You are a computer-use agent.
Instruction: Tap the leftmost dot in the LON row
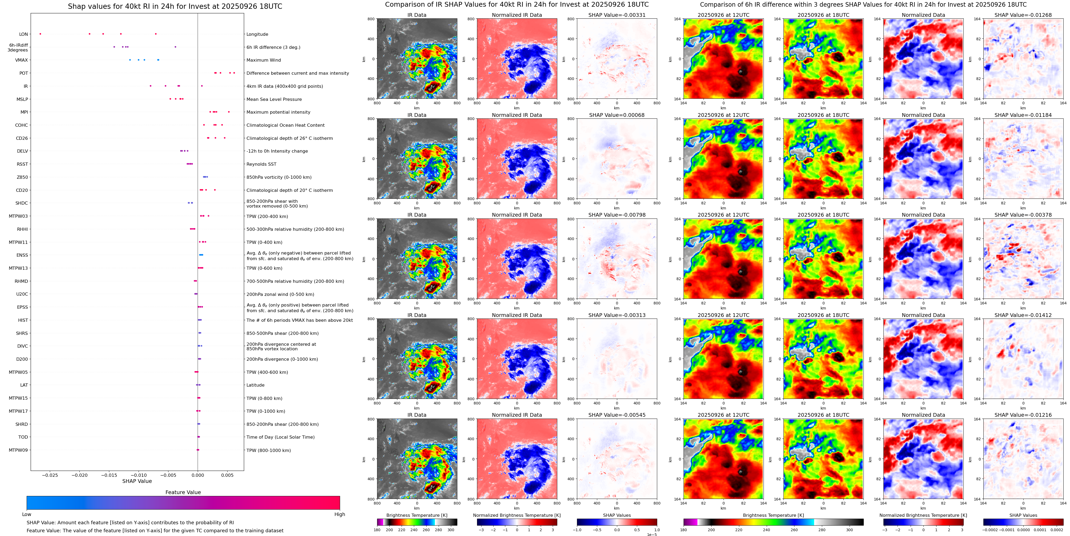coord(40,34)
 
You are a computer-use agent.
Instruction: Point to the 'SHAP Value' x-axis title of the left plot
coord(137,481)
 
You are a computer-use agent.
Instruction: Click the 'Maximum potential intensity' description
coord(278,112)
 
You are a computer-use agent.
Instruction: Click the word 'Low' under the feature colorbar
coord(27,514)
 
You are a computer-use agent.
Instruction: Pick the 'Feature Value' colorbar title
coord(183,492)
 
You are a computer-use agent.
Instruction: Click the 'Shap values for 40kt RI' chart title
coord(175,6)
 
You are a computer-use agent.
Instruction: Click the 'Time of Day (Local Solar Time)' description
coord(280,437)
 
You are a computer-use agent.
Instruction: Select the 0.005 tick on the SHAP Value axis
coord(227,475)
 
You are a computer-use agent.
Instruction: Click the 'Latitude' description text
coord(256,385)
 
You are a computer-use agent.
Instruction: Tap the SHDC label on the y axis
coord(22,203)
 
